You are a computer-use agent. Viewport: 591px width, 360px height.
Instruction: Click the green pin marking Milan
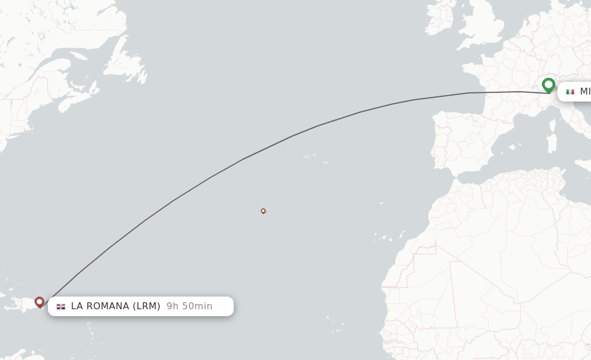click(548, 85)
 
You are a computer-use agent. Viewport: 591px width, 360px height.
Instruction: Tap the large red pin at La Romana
click(39, 302)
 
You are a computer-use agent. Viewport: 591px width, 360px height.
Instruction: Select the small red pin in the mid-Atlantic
click(263, 211)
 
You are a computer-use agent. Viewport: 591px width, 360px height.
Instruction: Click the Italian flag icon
click(570, 92)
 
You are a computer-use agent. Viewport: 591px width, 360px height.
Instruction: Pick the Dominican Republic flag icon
click(61, 306)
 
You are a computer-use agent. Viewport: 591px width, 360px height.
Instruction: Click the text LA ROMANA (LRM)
click(115, 306)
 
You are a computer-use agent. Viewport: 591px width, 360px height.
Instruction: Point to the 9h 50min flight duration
click(189, 306)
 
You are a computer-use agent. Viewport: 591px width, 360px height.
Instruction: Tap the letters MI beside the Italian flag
click(585, 92)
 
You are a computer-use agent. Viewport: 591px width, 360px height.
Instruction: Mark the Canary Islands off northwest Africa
click(384, 237)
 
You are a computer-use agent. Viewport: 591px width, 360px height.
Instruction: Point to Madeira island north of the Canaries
click(381, 203)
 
